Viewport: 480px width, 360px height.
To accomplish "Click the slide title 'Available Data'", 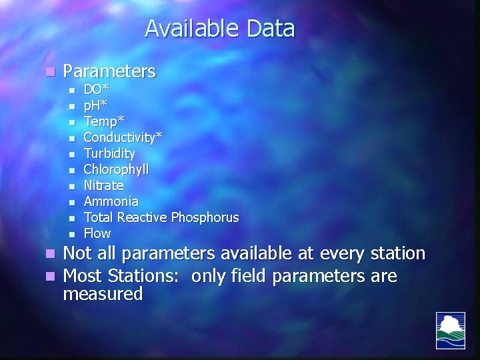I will (x=219, y=29).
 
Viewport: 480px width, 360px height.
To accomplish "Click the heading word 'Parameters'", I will (x=109, y=71).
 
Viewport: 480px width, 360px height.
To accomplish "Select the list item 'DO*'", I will (x=97, y=89).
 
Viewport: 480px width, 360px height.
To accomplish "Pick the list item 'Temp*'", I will (x=103, y=121).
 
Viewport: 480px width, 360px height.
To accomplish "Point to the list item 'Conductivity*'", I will (x=123, y=137).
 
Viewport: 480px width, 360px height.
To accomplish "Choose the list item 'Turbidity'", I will (x=109, y=153).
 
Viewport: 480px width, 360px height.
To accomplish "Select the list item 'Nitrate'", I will (x=103, y=185).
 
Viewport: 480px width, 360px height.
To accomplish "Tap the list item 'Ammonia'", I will (x=111, y=201).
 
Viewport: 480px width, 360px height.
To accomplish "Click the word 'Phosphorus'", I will (x=205, y=217).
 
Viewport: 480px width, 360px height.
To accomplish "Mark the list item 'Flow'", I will (x=97, y=233).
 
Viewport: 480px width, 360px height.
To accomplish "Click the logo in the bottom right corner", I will (x=451, y=330).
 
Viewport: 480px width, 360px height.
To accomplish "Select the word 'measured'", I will (x=103, y=294).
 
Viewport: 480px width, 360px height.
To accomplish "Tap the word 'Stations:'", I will (x=147, y=275).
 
